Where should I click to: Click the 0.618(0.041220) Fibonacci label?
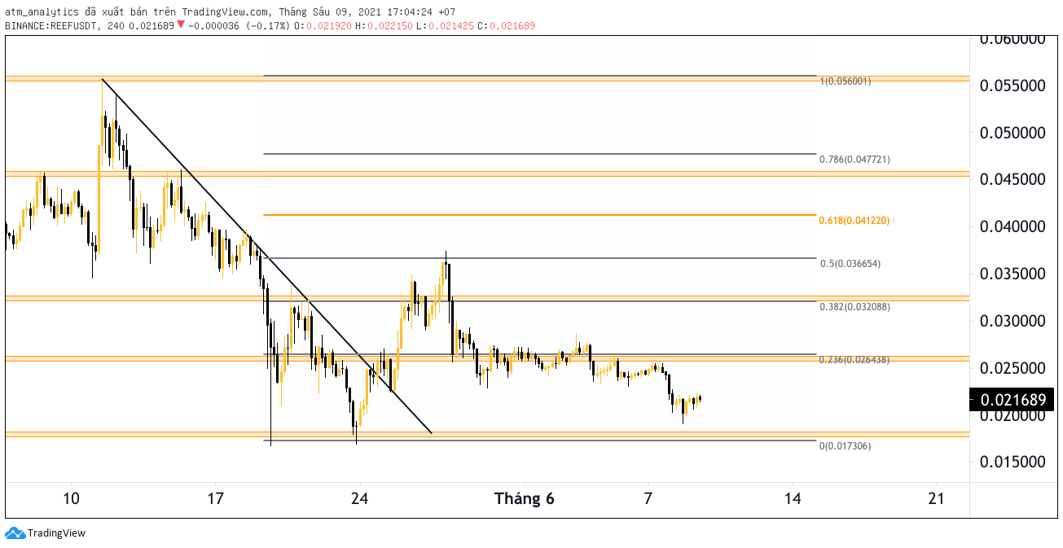pyautogui.click(x=854, y=221)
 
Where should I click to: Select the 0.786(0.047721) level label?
pyautogui.click(x=854, y=160)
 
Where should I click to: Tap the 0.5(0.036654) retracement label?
pyautogui.click(x=850, y=264)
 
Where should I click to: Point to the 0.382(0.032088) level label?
pyautogui.click(x=854, y=307)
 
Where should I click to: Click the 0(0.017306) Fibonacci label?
pyautogui.click(x=846, y=446)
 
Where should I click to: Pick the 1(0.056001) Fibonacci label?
pyautogui.click(x=846, y=81)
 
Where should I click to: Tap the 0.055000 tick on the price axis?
pyautogui.click(x=1012, y=85)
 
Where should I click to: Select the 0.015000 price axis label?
pyautogui.click(x=1012, y=462)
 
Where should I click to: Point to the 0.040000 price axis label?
pyautogui.click(x=1012, y=227)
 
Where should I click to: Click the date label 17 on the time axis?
pyautogui.click(x=215, y=498)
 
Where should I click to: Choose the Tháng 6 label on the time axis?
pyautogui.click(x=525, y=498)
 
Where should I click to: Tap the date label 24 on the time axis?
pyautogui.click(x=360, y=498)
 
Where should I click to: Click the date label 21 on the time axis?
pyautogui.click(x=936, y=498)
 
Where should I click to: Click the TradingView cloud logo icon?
pyautogui.click(x=15, y=533)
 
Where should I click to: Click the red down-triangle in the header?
pyautogui.click(x=181, y=24)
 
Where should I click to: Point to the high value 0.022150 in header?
pyautogui.click(x=390, y=25)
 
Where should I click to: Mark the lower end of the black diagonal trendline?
pyautogui.click(x=432, y=433)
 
